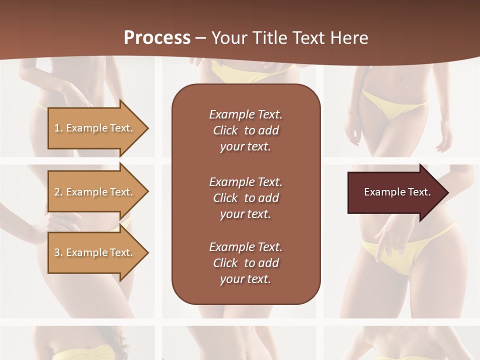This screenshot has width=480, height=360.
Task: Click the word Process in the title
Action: click(x=157, y=38)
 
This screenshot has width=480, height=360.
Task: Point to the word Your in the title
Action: click(x=230, y=38)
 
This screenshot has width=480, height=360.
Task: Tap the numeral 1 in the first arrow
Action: click(x=56, y=128)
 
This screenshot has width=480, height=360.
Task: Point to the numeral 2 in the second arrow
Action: click(x=56, y=192)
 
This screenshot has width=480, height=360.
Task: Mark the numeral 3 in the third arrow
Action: click(x=56, y=252)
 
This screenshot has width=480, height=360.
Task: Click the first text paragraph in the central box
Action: click(x=245, y=130)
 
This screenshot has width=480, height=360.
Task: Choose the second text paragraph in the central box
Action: click(x=245, y=197)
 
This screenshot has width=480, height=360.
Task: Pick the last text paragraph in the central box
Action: click(x=245, y=263)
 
